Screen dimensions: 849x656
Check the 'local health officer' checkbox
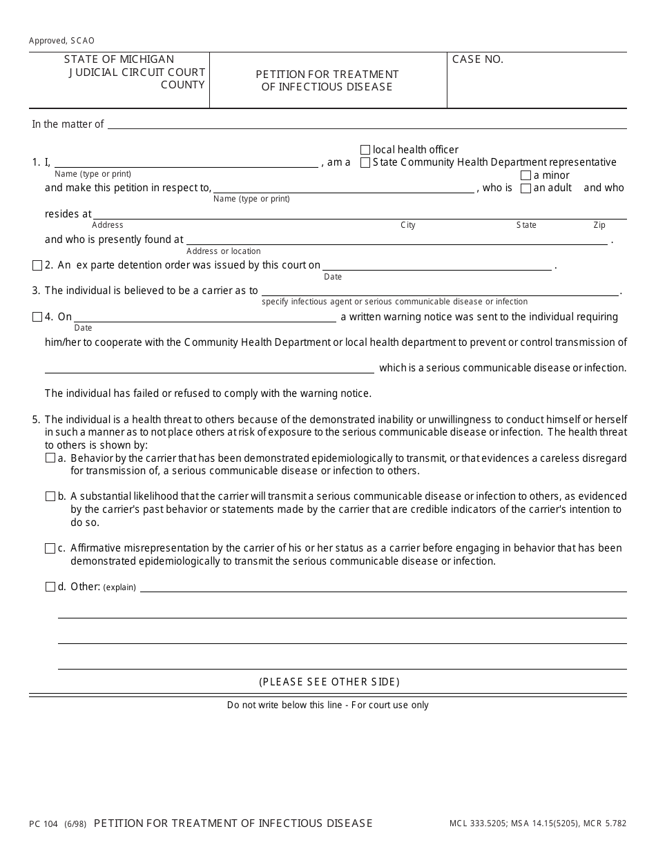(x=365, y=150)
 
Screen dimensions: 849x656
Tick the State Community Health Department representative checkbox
(x=365, y=163)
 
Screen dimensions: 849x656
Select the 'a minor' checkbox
(x=525, y=175)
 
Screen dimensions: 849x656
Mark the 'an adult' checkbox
(x=525, y=188)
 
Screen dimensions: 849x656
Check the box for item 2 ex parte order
(x=37, y=266)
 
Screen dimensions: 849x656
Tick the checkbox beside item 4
(x=37, y=318)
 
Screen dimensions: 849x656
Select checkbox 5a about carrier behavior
(x=50, y=458)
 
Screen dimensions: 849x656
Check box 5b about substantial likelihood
(x=50, y=497)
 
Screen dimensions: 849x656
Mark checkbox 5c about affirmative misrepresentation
(x=50, y=549)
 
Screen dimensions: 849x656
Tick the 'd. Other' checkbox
(x=50, y=587)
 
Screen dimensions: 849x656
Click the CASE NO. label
(x=478, y=60)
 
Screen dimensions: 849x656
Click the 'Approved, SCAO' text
(x=62, y=41)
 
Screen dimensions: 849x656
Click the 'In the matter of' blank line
(x=367, y=124)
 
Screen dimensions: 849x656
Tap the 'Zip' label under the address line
(x=599, y=226)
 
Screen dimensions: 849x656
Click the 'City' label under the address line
(x=408, y=226)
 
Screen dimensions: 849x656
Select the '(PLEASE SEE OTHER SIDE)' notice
(x=329, y=682)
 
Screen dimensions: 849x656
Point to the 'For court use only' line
(x=327, y=705)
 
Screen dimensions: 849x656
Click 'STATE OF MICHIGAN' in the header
(x=119, y=60)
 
